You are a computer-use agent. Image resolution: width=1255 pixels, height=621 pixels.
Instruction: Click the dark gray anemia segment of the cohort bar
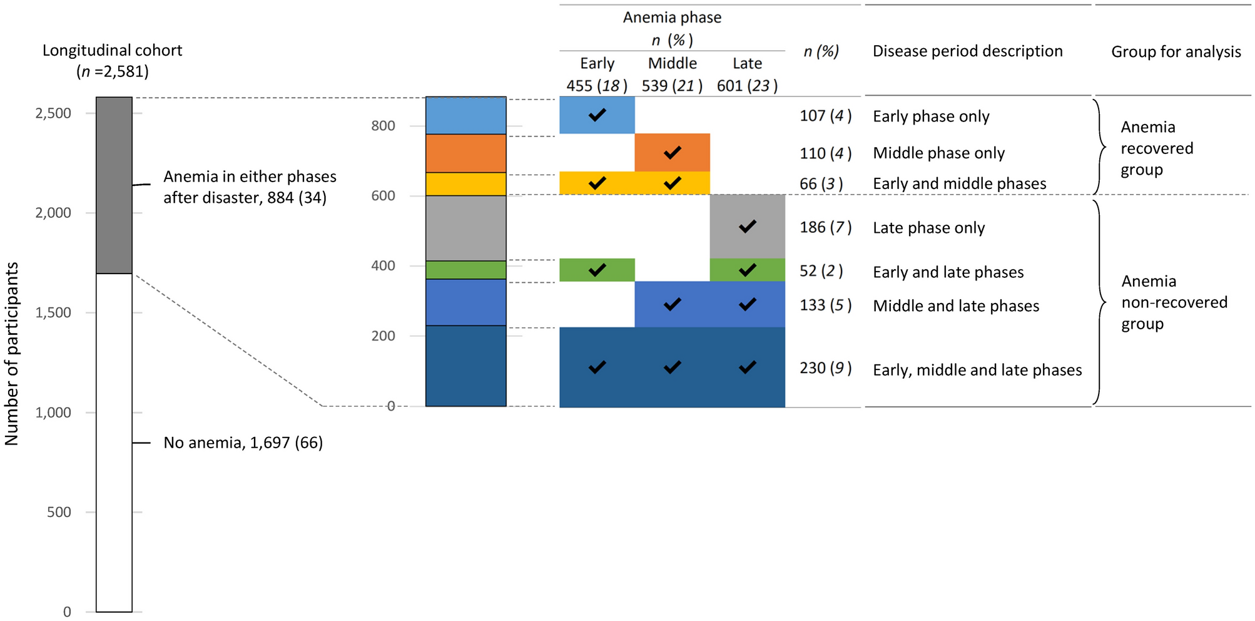(x=114, y=185)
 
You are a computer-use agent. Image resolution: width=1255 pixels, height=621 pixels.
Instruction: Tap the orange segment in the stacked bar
(x=465, y=153)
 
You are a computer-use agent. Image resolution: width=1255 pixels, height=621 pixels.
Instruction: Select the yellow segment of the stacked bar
(x=465, y=184)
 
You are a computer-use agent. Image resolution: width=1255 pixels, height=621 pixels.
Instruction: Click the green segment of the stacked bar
(x=465, y=270)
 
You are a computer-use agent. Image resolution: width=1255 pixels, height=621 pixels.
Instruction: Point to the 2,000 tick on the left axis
(x=53, y=213)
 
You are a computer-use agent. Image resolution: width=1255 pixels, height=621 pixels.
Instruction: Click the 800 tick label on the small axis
(x=383, y=126)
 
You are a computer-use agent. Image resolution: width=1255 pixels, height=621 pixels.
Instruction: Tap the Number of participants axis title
(x=12, y=354)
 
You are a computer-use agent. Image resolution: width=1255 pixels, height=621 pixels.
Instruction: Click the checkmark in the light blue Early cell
(x=597, y=115)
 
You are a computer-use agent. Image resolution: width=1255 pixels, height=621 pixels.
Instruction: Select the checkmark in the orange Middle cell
(x=672, y=153)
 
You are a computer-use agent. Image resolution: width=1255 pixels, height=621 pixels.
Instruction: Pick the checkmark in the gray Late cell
(x=747, y=227)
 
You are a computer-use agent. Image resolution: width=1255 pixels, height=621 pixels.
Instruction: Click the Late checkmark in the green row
(x=747, y=270)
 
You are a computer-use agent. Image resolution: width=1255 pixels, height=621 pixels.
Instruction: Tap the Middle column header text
(x=672, y=63)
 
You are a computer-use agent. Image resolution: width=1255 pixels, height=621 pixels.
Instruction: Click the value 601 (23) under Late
(x=747, y=86)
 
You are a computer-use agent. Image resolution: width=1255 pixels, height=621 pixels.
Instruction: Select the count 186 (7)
(x=825, y=227)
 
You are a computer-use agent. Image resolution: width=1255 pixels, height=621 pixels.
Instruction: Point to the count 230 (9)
(x=825, y=368)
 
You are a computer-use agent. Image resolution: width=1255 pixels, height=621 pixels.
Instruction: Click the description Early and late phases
(x=948, y=272)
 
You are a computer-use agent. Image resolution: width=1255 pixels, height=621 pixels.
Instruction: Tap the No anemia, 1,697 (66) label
(x=243, y=443)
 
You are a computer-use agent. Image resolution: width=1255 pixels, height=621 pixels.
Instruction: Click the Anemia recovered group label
(x=1156, y=148)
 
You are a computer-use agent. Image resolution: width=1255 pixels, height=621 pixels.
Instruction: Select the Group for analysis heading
(x=1176, y=52)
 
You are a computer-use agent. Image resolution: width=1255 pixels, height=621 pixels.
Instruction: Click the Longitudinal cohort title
(x=113, y=60)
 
